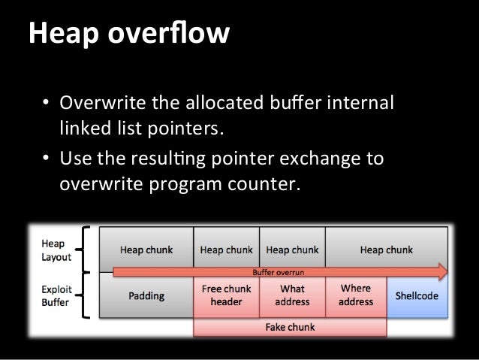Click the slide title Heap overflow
pos(128,33)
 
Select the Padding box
pos(147,296)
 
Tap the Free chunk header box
pos(226,295)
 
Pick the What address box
pos(292,295)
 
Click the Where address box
pos(356,295)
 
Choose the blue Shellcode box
pos(417,296)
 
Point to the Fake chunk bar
pos(290,328)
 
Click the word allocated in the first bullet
pos(214,102)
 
